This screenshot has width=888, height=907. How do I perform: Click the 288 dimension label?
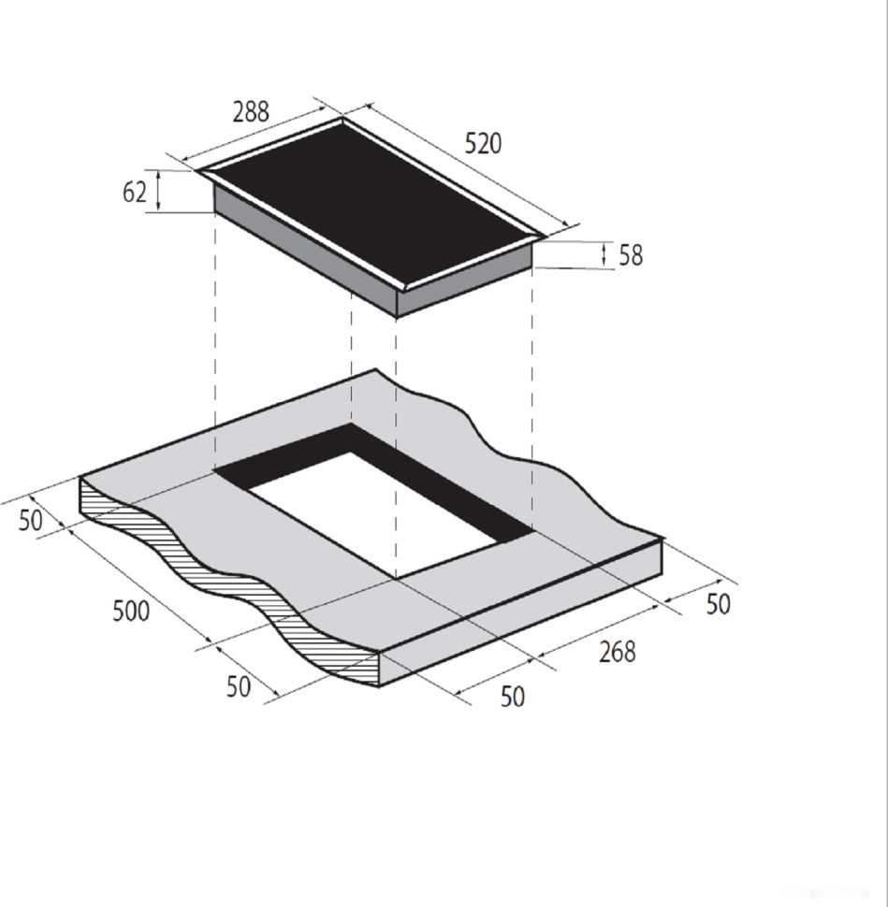click(x=251, y=112)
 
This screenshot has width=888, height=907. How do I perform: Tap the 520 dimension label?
click(x=483, y=143)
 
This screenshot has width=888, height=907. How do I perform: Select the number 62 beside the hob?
click(x=135, y=192)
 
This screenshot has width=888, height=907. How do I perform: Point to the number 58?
click(x=631, y=255)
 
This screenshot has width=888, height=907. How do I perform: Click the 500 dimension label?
click(x=130, y=612)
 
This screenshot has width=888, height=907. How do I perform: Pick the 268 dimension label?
click(x=617, y=652)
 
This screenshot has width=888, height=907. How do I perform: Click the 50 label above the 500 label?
click(x=31, y=520)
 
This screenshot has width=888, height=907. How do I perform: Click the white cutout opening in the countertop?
click(x=374, y=510)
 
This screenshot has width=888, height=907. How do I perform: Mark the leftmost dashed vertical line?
click(x=215, y=337)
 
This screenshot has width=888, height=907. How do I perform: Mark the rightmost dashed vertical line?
click(x=532, y=393)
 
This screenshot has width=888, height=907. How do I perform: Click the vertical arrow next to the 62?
click(x=158, y=191)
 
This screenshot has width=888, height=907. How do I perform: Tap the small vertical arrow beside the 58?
click(x=604, y=254)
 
